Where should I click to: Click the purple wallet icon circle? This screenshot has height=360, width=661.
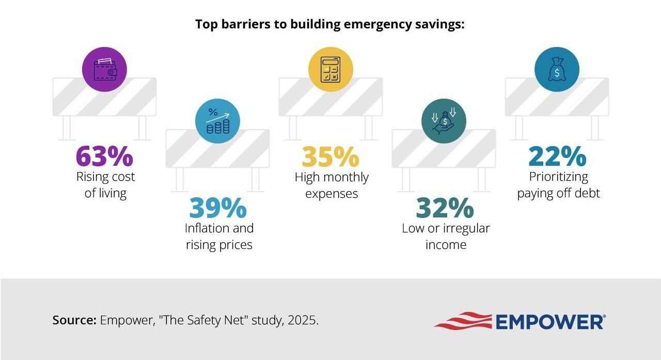pos(105,69)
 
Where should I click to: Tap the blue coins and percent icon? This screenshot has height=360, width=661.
pos(217,121)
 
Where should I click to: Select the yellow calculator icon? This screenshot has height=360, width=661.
pos(330,69)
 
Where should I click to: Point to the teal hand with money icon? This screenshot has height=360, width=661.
pos(444,121)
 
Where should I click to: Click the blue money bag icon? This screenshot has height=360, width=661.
pos(557,69)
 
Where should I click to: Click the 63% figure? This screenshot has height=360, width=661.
pos(104,156)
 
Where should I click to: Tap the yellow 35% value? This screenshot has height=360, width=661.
pos(330,157)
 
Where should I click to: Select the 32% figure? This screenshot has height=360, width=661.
pos(445,208)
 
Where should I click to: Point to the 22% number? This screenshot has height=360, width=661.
pos(557,156)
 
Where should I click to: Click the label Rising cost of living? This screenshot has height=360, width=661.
pos(105,185)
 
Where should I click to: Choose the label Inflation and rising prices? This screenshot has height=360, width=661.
pos(219,236)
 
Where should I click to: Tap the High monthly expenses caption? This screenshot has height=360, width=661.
pos(332,185)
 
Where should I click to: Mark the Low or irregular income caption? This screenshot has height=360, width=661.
pos(446,236)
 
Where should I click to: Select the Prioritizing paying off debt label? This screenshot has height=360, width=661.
pos(558,185)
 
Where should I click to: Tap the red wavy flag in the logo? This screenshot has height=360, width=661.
pos(463,321)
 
